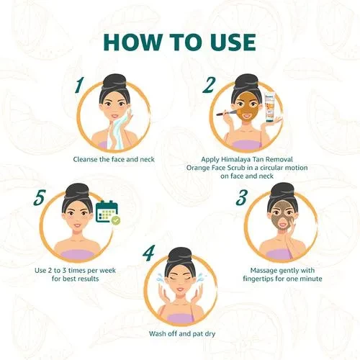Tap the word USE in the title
click(x=228, y=42)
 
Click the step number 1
click(x=79, y=86)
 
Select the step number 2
click(x=208, y=85)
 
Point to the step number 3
click(x=241, y=197)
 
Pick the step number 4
click(x=148, y=253)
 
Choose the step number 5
click(x=39, y=197)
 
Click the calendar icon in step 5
click(x=107, y=211)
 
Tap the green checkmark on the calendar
click(x=116, y=220)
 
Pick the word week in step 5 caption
click(x=107, y=271)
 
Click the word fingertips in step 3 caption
click(x=258, y=279)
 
